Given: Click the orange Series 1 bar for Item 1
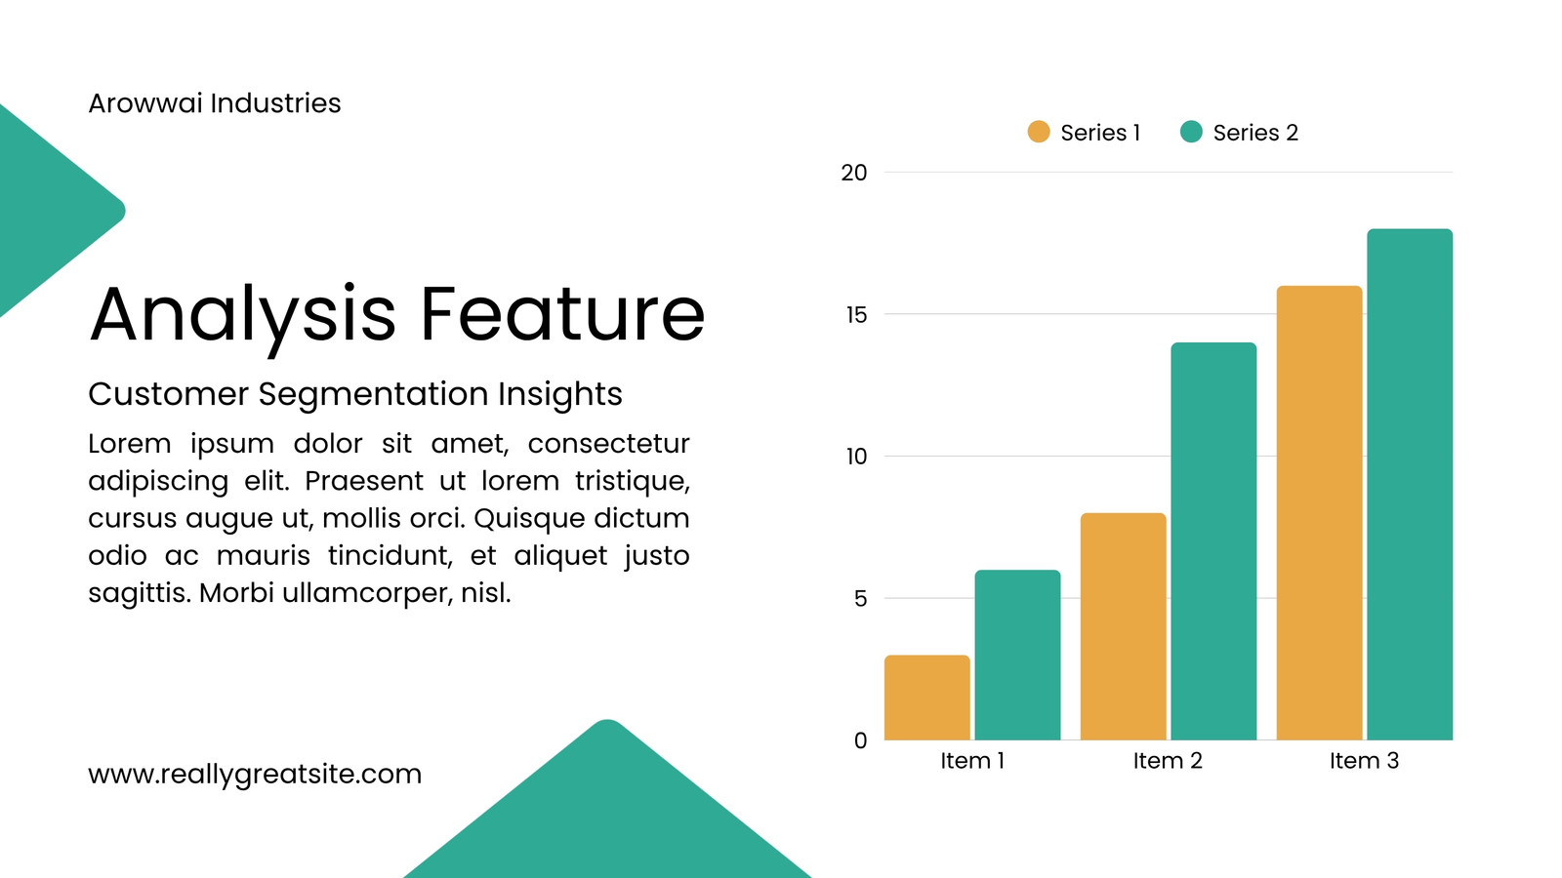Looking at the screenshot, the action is tap(926, 698).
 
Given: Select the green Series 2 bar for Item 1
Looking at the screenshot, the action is tap(1017, 655).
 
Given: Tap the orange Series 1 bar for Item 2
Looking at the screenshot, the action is tap(1124, 626).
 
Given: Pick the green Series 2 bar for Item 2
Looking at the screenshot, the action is tap(1214, 541).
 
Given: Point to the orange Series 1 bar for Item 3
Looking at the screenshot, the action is tap(1319, 513).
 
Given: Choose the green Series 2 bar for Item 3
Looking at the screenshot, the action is tap(1410, 484).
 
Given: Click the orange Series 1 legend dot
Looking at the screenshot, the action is tap(1039, 132).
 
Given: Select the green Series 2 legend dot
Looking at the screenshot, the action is tap(1191, 132).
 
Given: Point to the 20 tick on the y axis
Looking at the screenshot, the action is tap(853, 173).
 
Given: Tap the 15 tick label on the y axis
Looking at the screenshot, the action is tap(856, 315).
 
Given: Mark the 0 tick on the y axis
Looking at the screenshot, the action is tap(860, 740).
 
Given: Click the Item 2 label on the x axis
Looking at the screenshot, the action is tap(1168, 760).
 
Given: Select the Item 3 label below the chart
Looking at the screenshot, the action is tap(1364, 760).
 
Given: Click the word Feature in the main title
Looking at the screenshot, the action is tap(562, 313).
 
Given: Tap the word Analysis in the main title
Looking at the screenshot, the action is tap(243, 319).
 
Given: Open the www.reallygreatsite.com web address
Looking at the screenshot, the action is tap(255, 775).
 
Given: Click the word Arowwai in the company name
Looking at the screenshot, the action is tap(145, 103).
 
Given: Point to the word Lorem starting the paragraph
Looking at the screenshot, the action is tap(130, 443).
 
